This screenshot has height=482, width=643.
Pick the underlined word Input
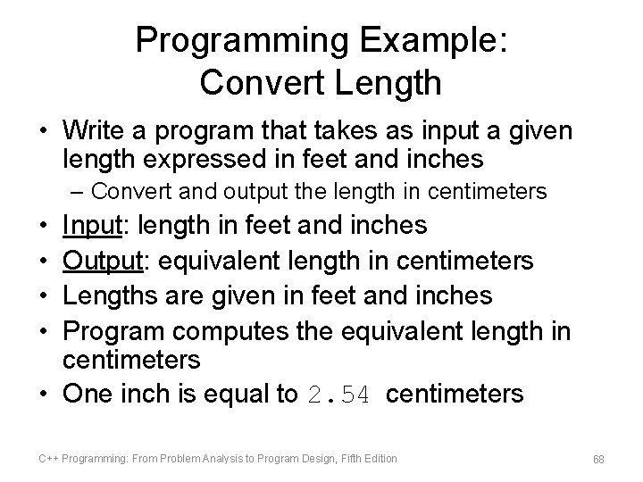coord(92,225)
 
